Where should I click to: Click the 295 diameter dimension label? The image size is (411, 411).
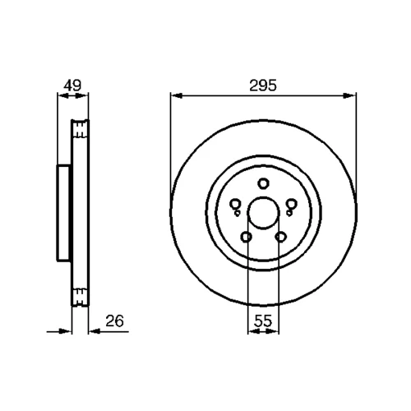click(x=263, y=85)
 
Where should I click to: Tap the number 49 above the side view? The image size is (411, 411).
click(x=72, y=85)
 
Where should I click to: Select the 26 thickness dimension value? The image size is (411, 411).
click(x=114, y=321)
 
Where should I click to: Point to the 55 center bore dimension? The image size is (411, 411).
click(x=263, y=321)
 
